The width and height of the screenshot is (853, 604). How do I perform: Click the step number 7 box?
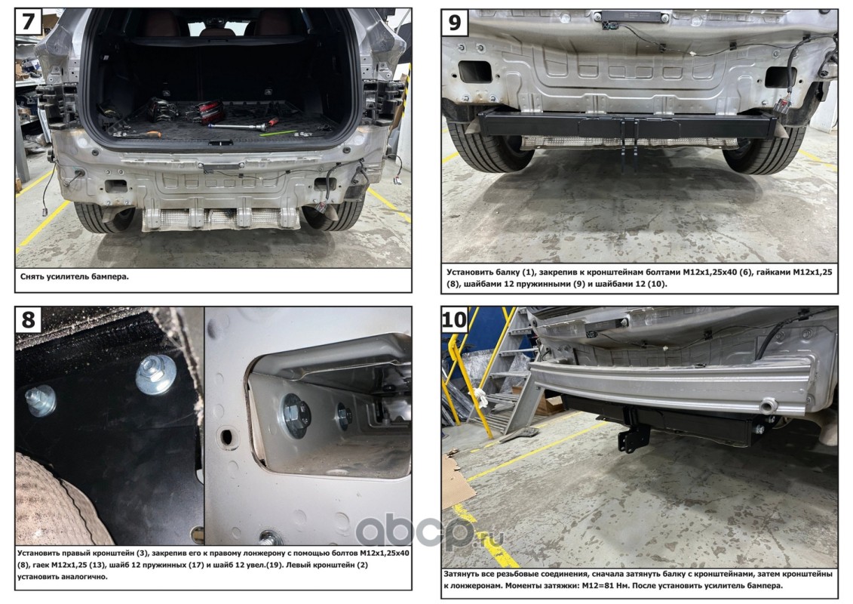pos(29,23)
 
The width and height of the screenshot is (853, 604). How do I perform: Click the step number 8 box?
pos(29,319)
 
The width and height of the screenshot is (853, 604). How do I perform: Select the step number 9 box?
pos(455,23)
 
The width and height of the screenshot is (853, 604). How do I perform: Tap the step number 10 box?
pos(455,319)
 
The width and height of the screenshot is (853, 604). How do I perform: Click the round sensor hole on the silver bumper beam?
pos(769,405)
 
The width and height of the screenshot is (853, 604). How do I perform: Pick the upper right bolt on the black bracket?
pos(155,374)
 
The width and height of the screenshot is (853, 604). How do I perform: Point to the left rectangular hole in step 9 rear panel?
pos(474,71)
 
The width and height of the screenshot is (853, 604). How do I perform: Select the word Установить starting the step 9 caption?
pos(470,273)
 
